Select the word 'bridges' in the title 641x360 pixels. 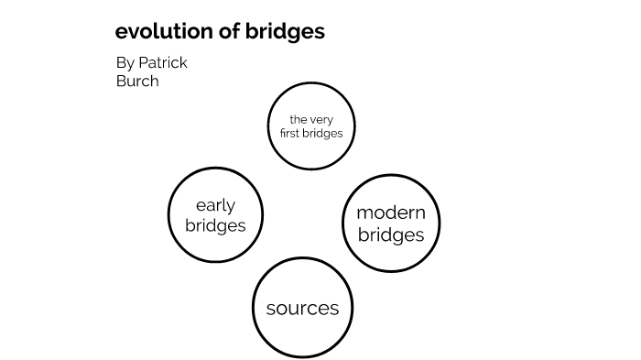pyautogui.click(x=286, y=31)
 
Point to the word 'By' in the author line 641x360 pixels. pyautogui.click(x=125, y=63)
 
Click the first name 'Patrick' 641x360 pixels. pyautogui.click(x=164, y=63)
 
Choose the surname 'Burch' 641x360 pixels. pyautogui.click(x=136, y=82)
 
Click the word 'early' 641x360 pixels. pyautogui.click(x=215, y=205)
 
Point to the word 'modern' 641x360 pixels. pyautogui.click(x=391, y=213)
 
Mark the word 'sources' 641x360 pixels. pyautogui.click(x=302, y=309)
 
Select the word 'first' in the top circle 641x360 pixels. pyautogui.click(x=292, y=133)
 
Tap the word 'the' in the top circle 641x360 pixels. pyautogui.click(x=298, y=119)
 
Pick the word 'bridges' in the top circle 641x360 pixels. pyautogui.click(x=324, y=133)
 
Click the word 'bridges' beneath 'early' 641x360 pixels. pyautogui.click(x=215, y=225)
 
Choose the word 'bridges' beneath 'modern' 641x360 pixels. pyautogui.click(x=391, y=235)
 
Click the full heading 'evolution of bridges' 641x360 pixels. pyautogui.click(x=220, y=31)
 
